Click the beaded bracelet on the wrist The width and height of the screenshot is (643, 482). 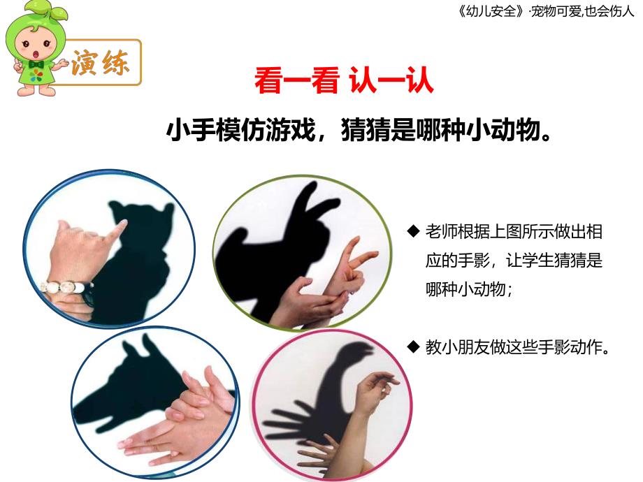pyautogui.click(x=66, y=286)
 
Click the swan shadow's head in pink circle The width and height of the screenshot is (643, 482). pyautogui.click(x=356, y=351)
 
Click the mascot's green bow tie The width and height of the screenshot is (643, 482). pyautogui.click(x=36, y=65)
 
